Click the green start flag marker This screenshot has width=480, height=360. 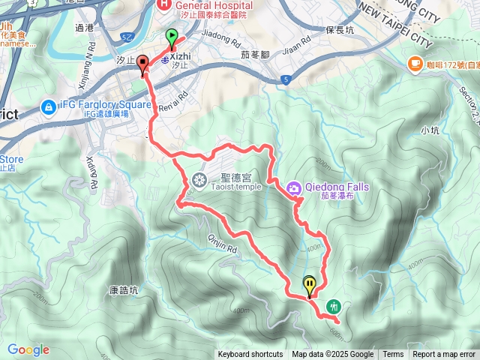point(172,36)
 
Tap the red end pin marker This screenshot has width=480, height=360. point(142,64)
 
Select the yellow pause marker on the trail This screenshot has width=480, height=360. point(310,285)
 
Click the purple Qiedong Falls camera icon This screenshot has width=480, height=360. point(294,187)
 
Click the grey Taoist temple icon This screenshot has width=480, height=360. point(199,179)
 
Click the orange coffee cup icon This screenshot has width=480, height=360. point(413,65)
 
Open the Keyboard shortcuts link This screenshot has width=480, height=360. point(250,355)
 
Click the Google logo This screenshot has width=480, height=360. point(28,349)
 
